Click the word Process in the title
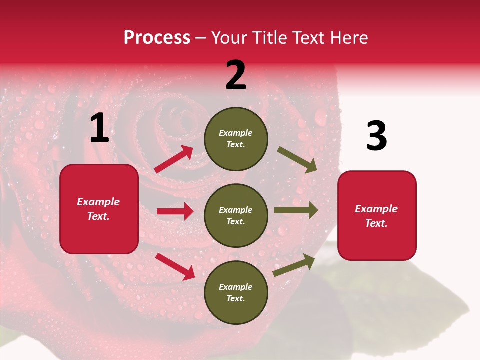tap(157, 38)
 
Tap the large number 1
tap(99, 128)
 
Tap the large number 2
tap(236, 75)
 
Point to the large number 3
tap(376, 136)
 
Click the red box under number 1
tap(99, 209)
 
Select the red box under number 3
tap(377, 216)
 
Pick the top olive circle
tap(236, 139)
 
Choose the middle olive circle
tap(236, 216)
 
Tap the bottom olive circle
tap(236, 293)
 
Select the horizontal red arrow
tap(175, 211)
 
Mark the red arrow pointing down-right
tap(175, 266)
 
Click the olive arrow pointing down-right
tap(297, 160)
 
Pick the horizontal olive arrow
tap(296, 210)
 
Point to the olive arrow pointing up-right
tap(294, 265)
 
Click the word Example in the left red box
tap(98, 202)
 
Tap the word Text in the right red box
tap(375, 223)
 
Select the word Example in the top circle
tap(236, 133)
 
